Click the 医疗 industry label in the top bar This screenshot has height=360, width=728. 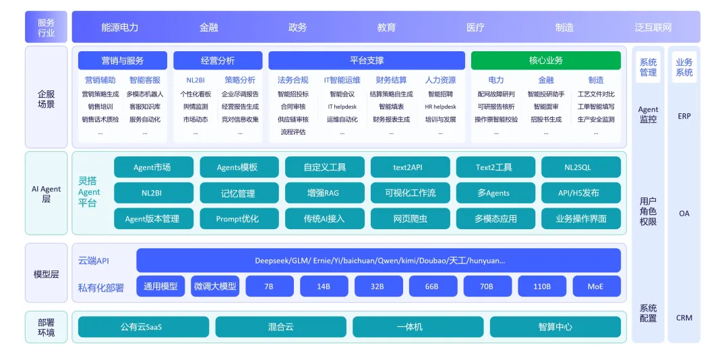pos(475,28)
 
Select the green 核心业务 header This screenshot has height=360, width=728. pos(545,61)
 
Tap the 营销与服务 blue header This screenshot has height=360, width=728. pos(123,61)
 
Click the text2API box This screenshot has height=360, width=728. pos(411,167)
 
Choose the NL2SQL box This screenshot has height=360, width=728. pos(581,167)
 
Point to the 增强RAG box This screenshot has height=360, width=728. pos(324,193)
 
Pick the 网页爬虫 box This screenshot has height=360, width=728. pos(411,218)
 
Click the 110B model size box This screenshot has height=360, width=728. pos(542,286)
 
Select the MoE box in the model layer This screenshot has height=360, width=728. pos(597,286)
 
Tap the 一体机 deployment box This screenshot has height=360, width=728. pos(418,327)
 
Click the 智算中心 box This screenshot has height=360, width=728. pos(555,327)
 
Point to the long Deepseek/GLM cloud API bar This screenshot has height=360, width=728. pos(378,260)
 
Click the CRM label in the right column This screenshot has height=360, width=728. pos(684,318)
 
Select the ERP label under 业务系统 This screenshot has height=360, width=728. pos(684,116)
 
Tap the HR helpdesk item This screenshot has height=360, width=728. pos(440,107)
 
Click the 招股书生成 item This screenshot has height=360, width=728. pos(546,119)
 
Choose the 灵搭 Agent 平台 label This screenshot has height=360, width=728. pos(89,192)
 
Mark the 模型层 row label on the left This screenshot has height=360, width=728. pos(47,274)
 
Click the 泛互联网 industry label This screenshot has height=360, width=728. pos(653,28)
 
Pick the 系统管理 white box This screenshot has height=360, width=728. pos(648,67)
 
